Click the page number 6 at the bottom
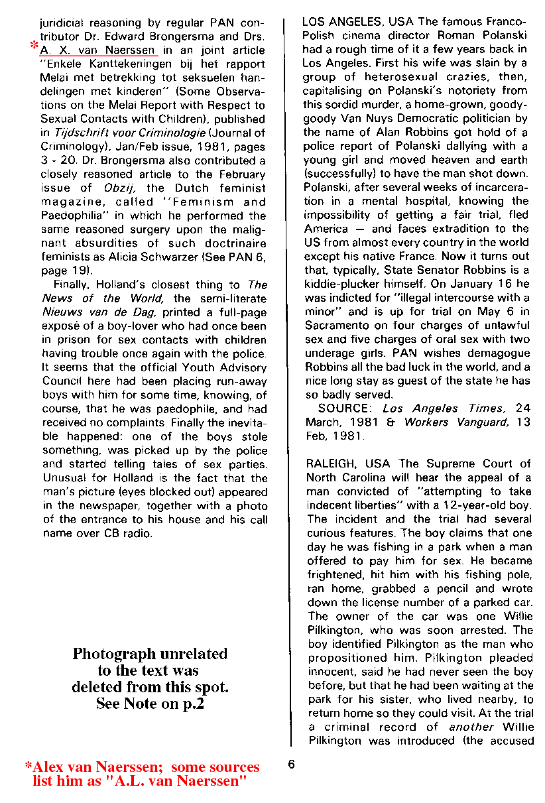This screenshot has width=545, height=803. (291, 764)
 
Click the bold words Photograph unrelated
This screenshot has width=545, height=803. (150, 653)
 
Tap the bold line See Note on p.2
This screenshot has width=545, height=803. (150, 704)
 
